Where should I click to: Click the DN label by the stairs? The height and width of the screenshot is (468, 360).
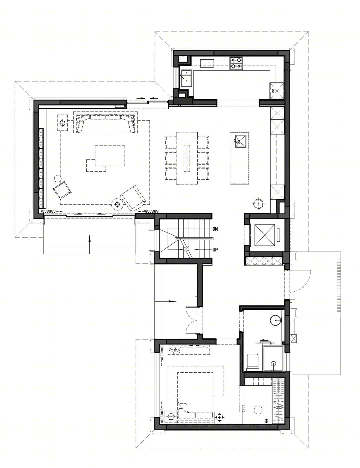click(x=215, y=229)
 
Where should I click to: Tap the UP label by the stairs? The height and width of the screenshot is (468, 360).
click(x=215, y=250)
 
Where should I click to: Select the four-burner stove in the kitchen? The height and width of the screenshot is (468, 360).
click(x=236, y=63)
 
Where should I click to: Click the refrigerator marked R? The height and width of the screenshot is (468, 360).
click(x=277, y=91)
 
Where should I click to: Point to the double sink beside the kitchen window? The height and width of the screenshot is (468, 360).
click(x=186, y=78)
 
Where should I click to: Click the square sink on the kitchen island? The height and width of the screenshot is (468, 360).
click(x=241, y=141)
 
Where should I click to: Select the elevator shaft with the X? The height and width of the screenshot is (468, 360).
click(x=265, y=235)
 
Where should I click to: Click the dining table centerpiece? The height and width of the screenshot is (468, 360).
click(x=187, y=158)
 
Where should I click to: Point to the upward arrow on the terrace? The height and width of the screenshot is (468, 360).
click(x=89, y=244)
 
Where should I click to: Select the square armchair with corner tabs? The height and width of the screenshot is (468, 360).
click(x=62, y=190)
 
